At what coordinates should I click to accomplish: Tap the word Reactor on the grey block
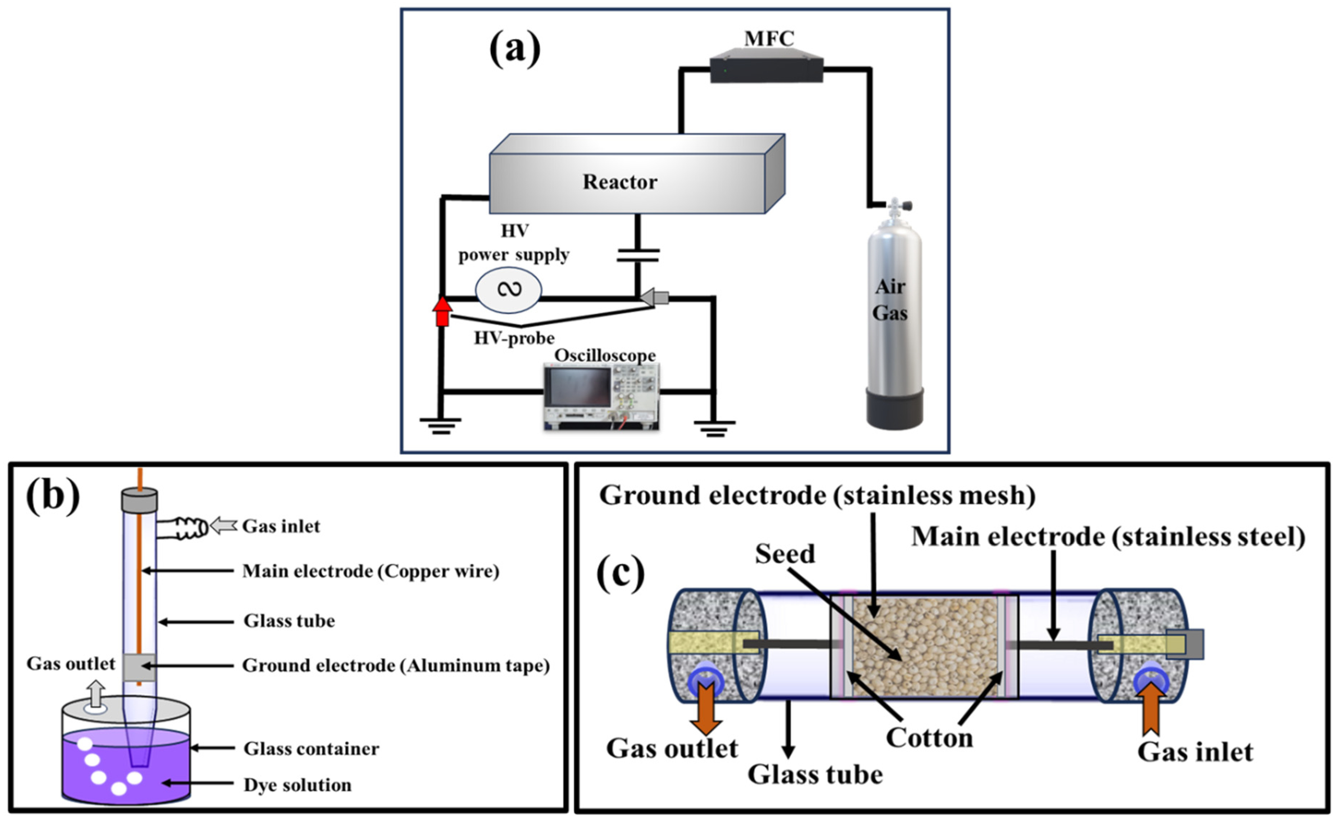point(620,182)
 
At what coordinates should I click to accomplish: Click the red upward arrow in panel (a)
point(442,312)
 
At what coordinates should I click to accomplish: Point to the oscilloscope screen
point(579,387)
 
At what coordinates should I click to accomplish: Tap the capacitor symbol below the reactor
point(638,255)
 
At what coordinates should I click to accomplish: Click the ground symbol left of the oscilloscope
point(440,426)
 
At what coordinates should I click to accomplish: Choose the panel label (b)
point(53,495)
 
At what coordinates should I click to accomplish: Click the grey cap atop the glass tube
point(139,500)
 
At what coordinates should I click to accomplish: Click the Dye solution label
point(297,785)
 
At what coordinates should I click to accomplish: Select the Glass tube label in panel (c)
point(815,774)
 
